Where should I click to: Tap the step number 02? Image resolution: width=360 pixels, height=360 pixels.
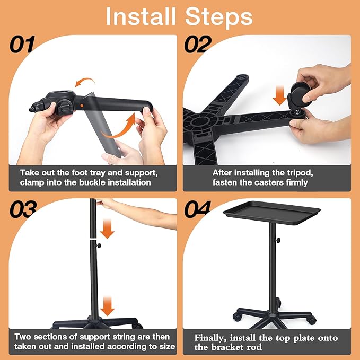198,45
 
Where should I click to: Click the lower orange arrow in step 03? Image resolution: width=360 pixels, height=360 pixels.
108,304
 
